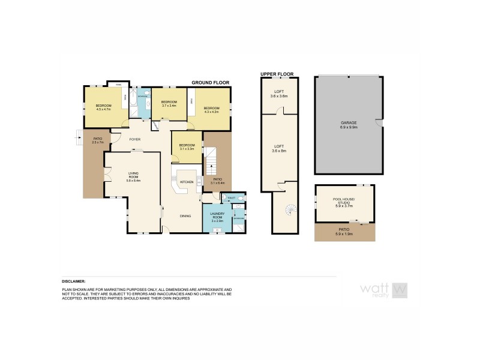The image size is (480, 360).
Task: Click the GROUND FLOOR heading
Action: click(211, 82)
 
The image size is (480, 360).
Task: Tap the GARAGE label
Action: click(349, 124)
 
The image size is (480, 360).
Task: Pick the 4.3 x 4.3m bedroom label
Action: click(211, 110)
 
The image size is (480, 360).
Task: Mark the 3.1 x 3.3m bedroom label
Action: click(187, 146)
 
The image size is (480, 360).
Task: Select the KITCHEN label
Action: click(187, 182)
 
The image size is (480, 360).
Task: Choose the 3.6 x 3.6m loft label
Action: click(279, 94)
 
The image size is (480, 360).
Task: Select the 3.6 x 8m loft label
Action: click(279, 148)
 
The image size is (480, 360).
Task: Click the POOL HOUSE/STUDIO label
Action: click(344, 202)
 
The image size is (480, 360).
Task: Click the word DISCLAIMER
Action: click(73, 281)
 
